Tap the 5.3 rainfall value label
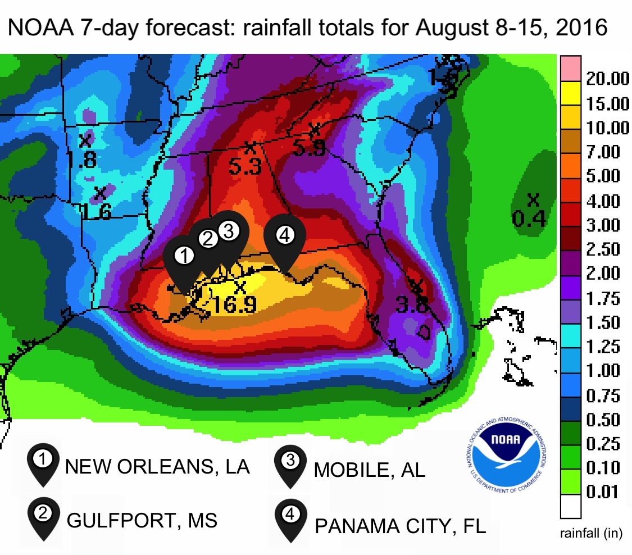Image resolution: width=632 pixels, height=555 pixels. point(245,166)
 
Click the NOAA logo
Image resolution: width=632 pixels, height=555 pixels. point(508,449)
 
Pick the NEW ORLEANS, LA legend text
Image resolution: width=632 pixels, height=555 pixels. point(158,467)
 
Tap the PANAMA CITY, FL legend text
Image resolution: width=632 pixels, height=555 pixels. point(400,527)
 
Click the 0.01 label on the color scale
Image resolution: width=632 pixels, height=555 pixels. point(603,493)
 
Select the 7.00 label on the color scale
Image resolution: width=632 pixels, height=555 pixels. point(603,152)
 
